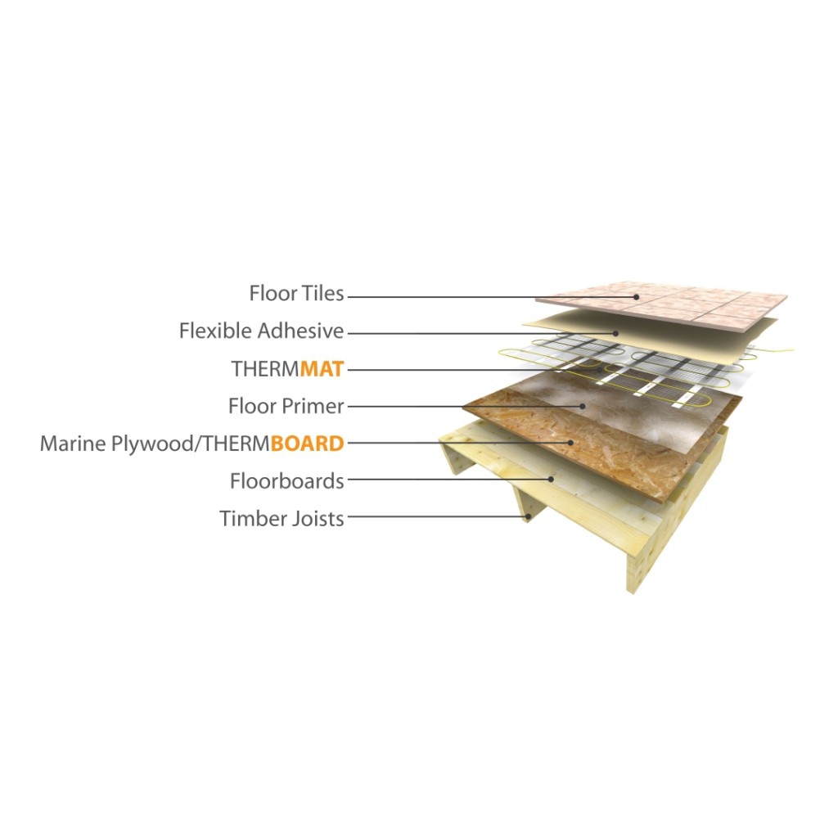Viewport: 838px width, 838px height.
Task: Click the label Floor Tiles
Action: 296,294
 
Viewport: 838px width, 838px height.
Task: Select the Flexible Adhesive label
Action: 261,331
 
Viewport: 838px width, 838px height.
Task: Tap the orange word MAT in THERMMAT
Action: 322,369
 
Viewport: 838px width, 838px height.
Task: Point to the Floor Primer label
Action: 286,406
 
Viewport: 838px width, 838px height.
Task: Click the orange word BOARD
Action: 308,444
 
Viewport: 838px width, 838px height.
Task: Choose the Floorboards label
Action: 287,481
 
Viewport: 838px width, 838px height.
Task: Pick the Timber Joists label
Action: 282,518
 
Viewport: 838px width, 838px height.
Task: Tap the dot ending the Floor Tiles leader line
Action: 637,297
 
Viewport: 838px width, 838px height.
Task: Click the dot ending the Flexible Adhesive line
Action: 616,333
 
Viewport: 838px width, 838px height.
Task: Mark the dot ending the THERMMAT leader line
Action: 601,369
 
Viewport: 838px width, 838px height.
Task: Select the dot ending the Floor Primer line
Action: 583,406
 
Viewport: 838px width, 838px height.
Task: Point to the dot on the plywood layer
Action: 571,443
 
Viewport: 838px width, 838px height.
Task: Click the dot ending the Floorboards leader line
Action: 551,480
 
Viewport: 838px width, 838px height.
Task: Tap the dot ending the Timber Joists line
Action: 529,516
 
